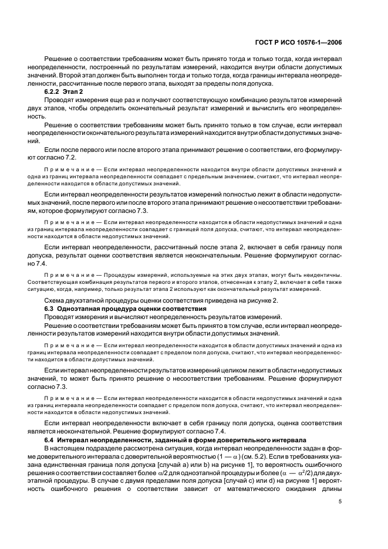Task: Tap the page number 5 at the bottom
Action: click(x=341, y=501)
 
